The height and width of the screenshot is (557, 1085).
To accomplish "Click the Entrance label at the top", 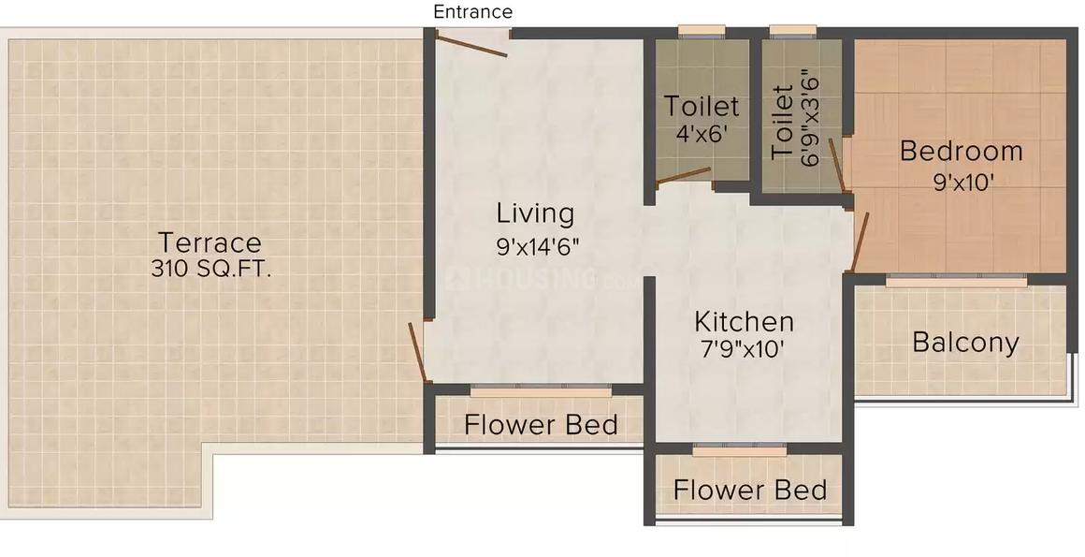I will click(x=472, y=12).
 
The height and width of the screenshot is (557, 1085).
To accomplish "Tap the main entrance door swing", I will click(x=473, y=44).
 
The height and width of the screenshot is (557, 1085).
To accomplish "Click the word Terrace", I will click(x=210, y=242).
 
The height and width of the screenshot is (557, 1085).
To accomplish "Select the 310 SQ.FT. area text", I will click(x=211, y=270).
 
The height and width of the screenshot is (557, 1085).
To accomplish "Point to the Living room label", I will click(x=535, y=213).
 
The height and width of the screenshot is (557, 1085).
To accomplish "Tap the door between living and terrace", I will click(x=418, y=352).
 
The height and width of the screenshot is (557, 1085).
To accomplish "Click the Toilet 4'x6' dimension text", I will click(x=702, y=134).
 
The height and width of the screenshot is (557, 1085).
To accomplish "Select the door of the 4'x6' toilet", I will click(x=683, y=177).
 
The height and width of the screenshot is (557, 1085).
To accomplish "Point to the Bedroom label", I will click(x=961, y=151).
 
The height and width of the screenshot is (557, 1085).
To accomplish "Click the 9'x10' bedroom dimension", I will click(x=962, y=183).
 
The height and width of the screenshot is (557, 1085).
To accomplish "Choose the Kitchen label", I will click(x=744, y=322).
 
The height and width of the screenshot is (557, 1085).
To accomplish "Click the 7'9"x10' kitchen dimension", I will click(x=744, y=351).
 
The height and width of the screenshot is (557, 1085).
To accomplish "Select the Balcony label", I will click(x=965, y=343).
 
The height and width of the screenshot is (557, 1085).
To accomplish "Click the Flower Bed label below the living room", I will click(x=541, y=425).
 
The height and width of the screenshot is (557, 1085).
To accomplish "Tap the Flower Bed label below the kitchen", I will click(x=749, y=490).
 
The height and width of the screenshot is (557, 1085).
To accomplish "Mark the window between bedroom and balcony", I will click(x=956, y=279).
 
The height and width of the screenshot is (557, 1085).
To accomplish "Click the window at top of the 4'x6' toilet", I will click(x=702, y=32).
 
